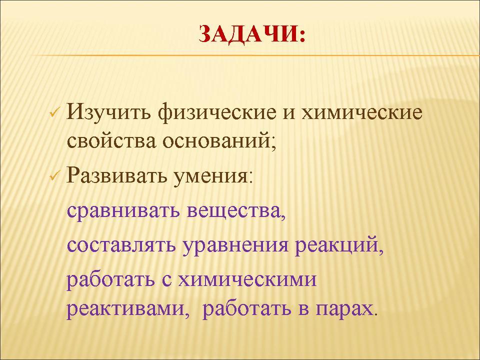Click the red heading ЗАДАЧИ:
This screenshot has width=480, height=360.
coord(252,33)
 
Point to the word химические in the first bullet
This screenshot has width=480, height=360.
coord(362,112)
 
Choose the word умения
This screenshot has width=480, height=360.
coord(210,176)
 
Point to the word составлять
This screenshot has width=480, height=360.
coord(121,245)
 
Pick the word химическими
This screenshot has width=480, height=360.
coord(247,279)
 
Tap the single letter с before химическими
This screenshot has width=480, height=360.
coord(166,279)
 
